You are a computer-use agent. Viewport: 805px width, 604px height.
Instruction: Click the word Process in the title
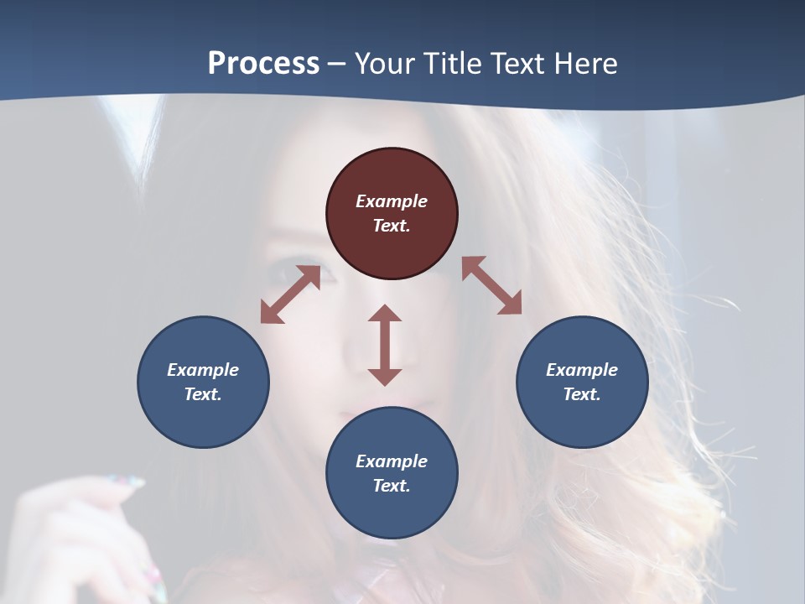point(263,64)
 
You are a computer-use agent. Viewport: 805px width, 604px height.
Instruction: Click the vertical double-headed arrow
point(385,345)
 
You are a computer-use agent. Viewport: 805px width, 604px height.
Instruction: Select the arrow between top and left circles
point(290,294)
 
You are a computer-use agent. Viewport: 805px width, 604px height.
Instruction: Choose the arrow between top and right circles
point(492,285)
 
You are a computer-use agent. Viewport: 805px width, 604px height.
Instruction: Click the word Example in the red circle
point(392,201)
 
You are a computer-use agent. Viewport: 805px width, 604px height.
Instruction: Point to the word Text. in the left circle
point(203,394)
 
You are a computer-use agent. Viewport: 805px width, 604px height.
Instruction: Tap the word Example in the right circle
point(582,370)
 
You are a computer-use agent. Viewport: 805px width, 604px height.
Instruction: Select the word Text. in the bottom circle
point(392,486)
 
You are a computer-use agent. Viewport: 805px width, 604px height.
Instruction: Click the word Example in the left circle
point(203,370)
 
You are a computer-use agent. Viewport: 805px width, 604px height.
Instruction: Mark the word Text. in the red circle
point(392,226)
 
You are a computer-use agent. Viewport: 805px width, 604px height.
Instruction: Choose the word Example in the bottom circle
point(392,461)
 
